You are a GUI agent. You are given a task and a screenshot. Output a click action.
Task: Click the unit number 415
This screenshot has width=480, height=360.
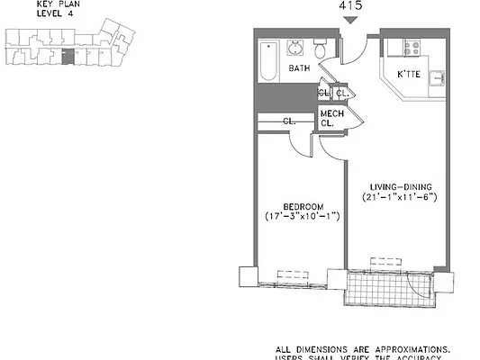click(x=351, y=7)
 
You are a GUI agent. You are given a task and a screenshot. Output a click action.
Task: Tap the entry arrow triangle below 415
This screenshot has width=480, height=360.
click(x=351, y=21)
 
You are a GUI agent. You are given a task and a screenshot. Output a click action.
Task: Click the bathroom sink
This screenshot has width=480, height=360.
click(x=296, y=46)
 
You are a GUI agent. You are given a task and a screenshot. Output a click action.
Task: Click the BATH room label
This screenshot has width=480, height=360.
click(x=301, y=67)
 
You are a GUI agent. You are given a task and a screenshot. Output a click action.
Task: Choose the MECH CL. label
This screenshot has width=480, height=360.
click(x=331, y=118)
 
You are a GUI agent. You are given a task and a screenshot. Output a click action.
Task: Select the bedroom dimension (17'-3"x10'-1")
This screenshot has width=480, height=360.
click(x=302, y=217)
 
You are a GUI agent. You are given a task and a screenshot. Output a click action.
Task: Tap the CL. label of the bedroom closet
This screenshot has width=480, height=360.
click(x=289, y=121)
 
